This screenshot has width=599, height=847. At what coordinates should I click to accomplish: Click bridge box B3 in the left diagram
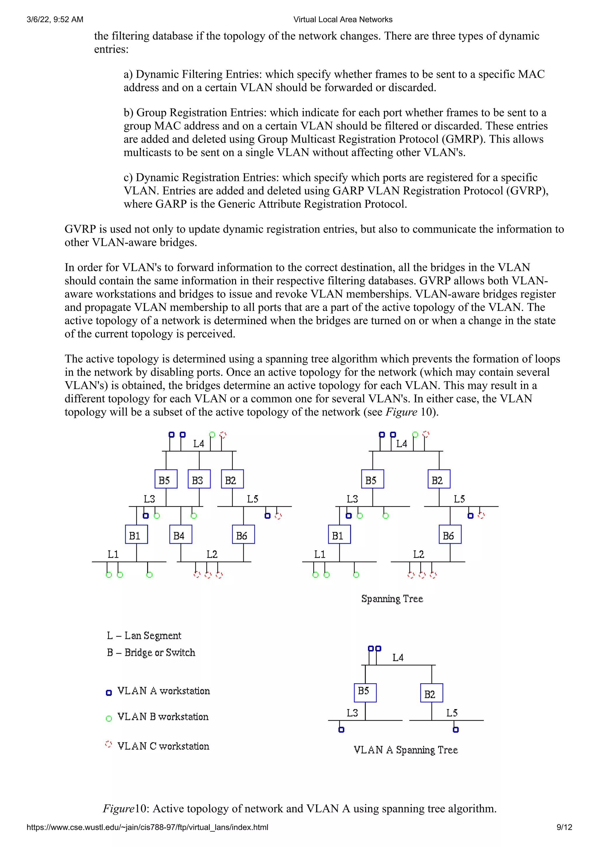tap(199, 479)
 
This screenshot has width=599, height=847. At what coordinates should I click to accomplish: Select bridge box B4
tap(180, 534)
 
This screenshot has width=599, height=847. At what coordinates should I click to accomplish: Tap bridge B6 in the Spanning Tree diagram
tap(450, 534)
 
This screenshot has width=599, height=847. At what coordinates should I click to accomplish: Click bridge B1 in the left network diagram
tap(136, 534)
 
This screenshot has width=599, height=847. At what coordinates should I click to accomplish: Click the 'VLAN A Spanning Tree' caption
tap(406, 750)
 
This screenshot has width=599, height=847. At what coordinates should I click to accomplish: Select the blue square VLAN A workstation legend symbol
tap(109, 693)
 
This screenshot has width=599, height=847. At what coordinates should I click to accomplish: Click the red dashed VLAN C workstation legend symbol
tap(108, 744)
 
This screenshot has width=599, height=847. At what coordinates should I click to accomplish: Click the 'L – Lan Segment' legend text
tap(144, 635)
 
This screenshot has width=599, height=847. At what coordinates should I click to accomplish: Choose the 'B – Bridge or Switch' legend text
tap(151, 652)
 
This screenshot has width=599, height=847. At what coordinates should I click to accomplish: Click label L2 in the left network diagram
tap(212, 554)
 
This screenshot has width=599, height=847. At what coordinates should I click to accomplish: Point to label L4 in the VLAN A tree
tap(398, 657)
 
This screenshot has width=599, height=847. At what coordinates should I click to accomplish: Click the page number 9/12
tap(564, 827)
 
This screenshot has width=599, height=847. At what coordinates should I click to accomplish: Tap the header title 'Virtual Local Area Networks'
tap(343, 20)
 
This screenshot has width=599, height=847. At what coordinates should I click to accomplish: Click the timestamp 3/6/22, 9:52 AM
tap(55, 20)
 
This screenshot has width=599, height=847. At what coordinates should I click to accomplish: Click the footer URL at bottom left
tap(147, 827)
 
